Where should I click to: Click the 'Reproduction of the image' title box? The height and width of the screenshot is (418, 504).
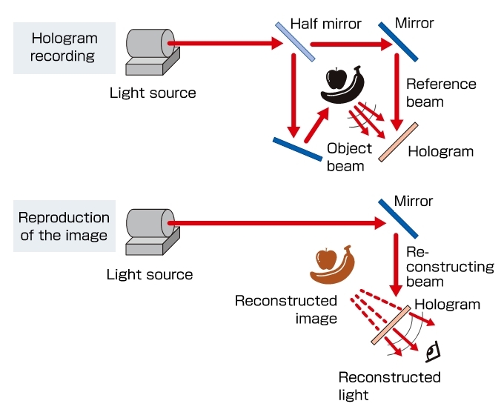[64, 226]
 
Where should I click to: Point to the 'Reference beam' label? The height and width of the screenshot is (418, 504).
[440, 92]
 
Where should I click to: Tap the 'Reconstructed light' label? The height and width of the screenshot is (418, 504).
[388, 386]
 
